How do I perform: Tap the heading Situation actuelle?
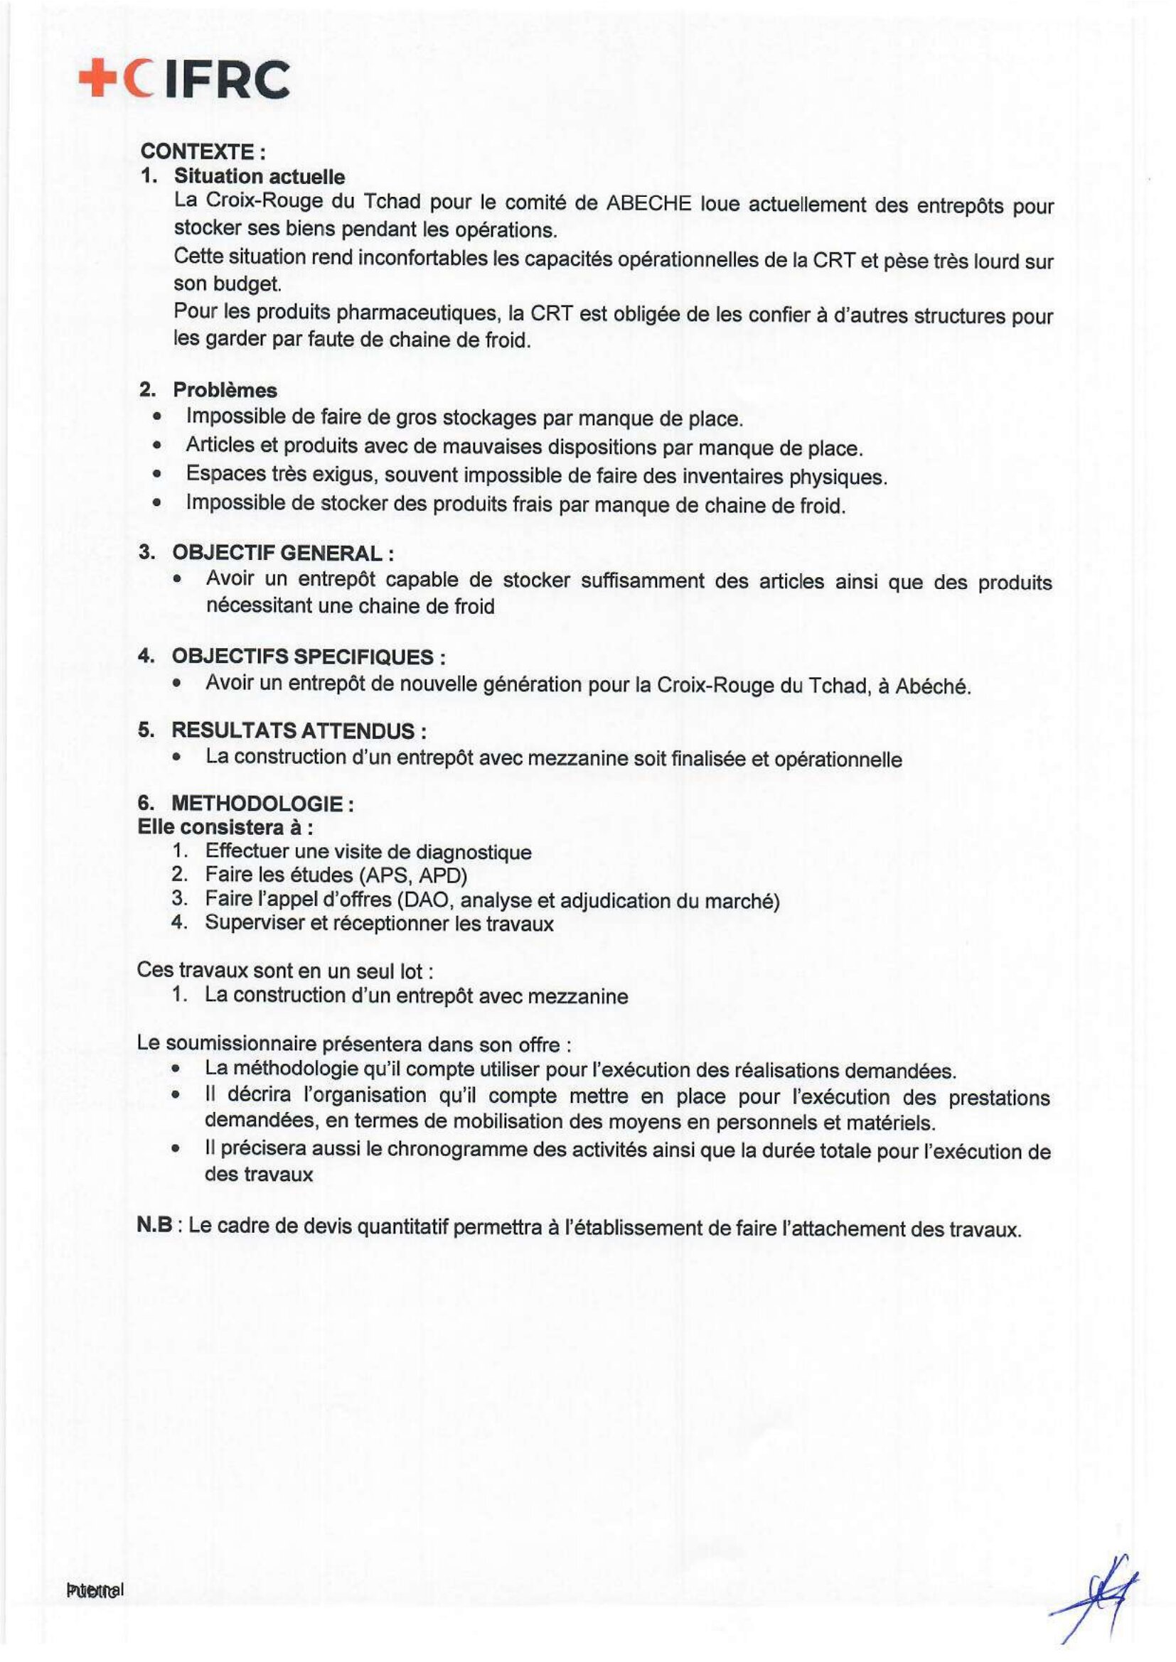[260, 176]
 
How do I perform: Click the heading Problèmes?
[225, 390]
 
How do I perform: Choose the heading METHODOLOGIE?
[257, 804]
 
